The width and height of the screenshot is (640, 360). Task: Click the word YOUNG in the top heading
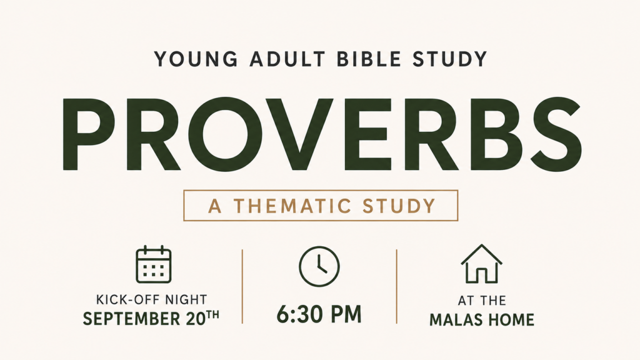196,59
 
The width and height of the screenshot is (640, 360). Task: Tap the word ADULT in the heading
287,59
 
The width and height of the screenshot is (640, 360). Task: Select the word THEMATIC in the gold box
292,206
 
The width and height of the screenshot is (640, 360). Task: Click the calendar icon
154,264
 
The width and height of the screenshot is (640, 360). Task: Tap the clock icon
319,266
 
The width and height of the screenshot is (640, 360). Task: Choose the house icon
482,264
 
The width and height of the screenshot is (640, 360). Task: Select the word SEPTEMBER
131,319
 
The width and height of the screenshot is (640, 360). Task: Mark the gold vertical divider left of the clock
242,286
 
